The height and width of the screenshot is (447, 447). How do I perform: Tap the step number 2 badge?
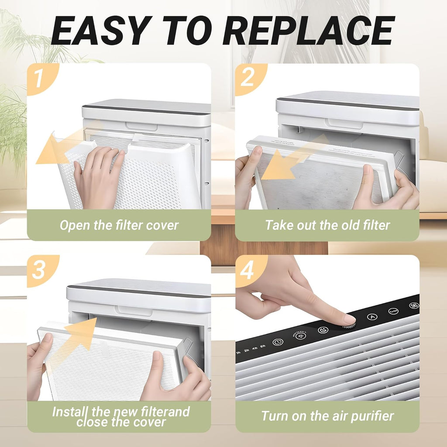tap(248, 78)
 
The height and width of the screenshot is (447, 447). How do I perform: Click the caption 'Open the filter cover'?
tap(119, 225)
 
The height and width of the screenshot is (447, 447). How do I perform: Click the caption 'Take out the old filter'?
tap(327, 225)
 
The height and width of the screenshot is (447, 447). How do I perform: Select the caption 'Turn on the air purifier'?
tap(327, 416)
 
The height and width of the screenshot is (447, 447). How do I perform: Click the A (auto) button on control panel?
tap(372, 317)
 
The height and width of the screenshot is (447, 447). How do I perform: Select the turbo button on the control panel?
tap(393, 311)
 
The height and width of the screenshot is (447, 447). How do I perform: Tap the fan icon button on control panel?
tap(413, 306)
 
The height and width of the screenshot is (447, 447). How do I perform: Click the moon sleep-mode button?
tap(322, 330)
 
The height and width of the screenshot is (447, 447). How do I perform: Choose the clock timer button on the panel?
tap(278, 342)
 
